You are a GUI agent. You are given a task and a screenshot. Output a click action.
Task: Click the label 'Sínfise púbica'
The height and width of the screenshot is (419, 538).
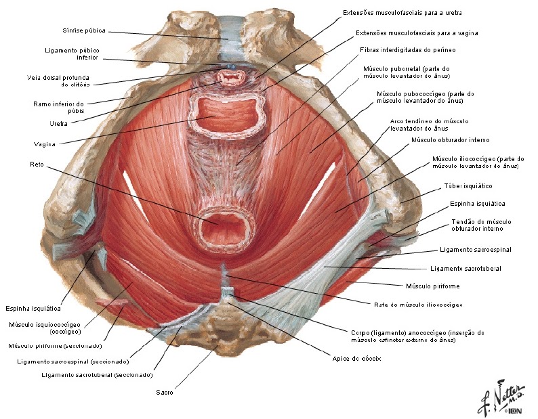(x=84, y=30)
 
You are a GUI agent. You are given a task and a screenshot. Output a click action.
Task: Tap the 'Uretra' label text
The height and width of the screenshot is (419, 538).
(x=59, y=123)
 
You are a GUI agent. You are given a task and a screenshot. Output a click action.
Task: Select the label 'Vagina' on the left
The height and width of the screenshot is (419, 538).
(x=45, y=144)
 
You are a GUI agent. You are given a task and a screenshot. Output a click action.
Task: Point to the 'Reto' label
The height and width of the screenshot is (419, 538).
(x=37, y=164)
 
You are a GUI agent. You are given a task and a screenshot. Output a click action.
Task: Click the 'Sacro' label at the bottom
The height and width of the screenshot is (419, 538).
(x=165, y=392)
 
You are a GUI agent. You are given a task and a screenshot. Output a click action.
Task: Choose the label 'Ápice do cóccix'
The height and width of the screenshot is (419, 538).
(x=356, y=359)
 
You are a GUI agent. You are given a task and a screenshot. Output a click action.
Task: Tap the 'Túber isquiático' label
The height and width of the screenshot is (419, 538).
(x=468, y=186)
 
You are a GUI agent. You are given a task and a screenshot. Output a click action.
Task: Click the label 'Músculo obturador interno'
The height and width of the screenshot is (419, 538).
(x=451, y=140)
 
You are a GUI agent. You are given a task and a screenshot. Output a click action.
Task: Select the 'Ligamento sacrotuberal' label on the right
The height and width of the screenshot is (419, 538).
(x=465, y=269)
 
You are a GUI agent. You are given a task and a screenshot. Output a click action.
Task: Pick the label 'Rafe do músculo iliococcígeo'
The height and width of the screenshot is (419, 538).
(x=418, y=305)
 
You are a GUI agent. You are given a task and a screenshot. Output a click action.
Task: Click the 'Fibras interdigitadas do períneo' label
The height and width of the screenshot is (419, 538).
(x=408, y=50)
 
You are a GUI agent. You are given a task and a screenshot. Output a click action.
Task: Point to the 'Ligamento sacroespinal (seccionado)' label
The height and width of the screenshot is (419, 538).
(x=73, y=361)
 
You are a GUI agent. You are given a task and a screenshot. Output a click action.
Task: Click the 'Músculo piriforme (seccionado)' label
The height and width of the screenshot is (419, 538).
(x=56, y=346)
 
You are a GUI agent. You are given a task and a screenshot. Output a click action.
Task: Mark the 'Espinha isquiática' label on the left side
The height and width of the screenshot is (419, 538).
(x=33, y=308)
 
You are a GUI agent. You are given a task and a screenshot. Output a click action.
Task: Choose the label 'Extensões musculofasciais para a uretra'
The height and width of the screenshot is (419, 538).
(x=402, y=13)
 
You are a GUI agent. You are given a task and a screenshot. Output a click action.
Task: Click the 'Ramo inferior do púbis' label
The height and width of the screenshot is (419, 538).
(x=59, y=108)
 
